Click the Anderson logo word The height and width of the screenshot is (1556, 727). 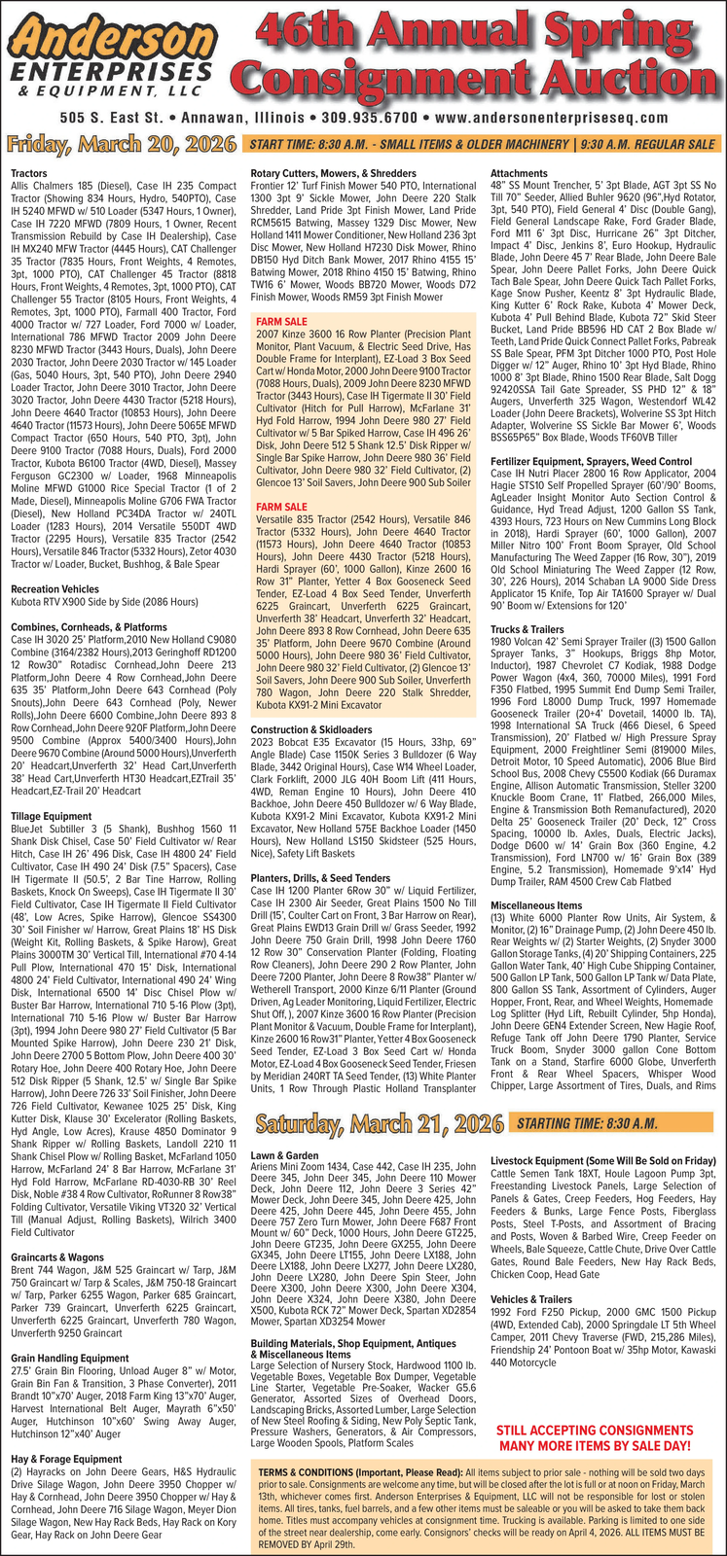115,40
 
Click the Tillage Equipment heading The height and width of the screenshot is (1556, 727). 51,816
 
